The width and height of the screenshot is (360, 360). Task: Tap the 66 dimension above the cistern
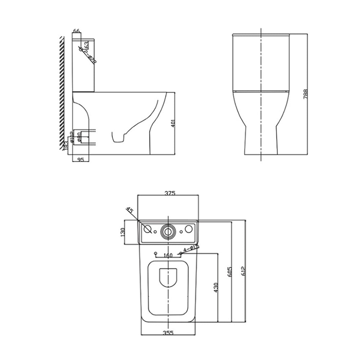(x=76, y=31)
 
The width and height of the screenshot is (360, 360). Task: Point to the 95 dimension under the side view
(x=80, y=159)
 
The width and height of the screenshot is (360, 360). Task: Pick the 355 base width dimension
(x=168, y=333)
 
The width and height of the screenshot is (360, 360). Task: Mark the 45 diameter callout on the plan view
(x=129, y=211)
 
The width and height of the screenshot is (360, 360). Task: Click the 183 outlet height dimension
(x=66, y=145)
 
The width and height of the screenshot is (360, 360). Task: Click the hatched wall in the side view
(x=62, y=90)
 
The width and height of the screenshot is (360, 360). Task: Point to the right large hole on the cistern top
(x=189, y=229)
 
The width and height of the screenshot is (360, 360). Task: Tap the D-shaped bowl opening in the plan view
(x=168, y=278)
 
